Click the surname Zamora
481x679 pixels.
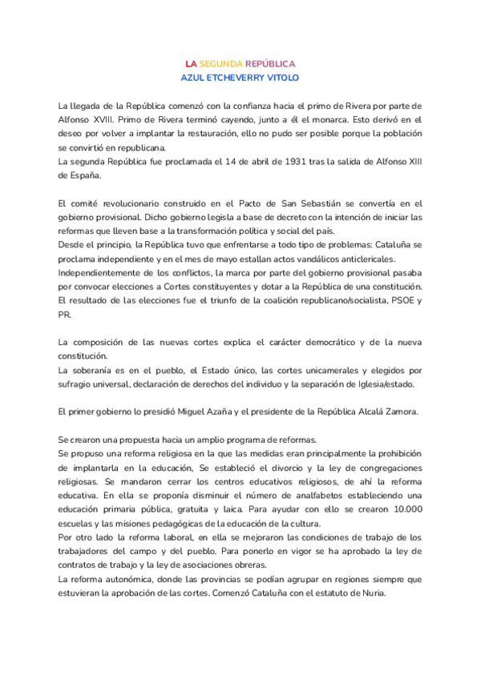coord(398,412)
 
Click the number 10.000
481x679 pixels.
coord(403,510)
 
